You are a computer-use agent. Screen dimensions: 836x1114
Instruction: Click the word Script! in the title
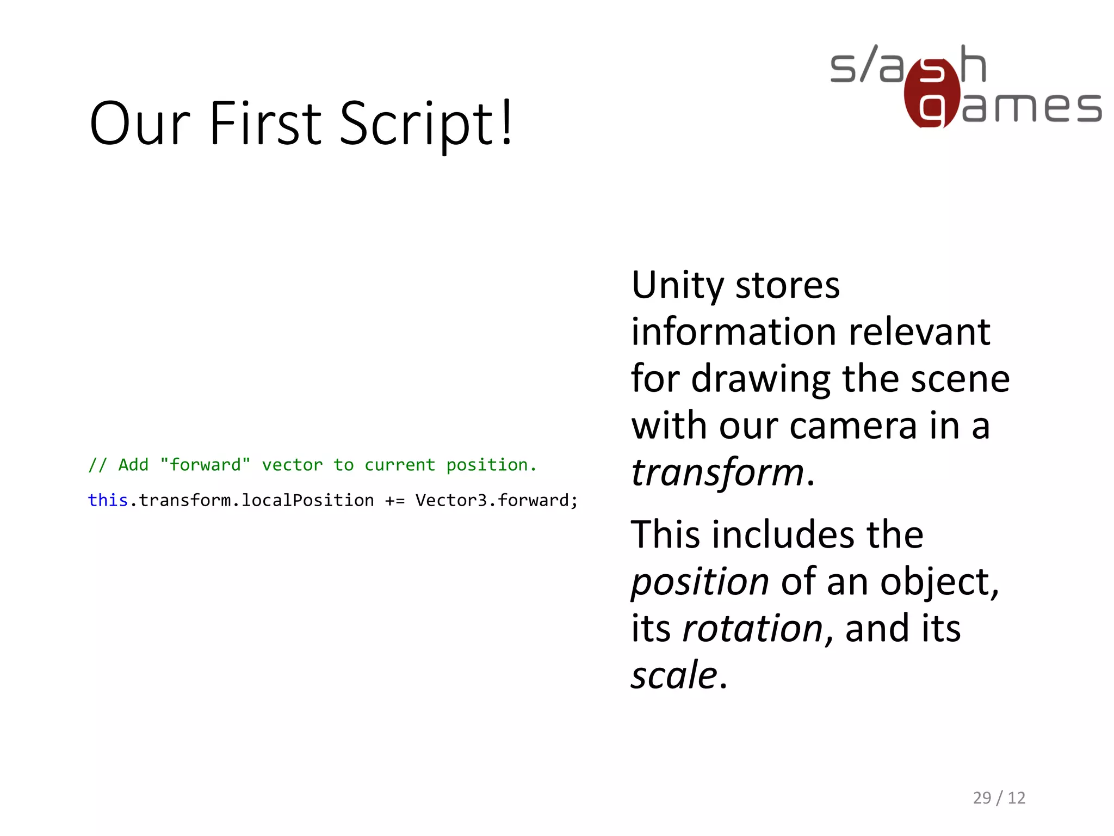pos(426,124)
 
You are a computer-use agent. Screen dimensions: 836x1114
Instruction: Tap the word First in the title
pos(265,124)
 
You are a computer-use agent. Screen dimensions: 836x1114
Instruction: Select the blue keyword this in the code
pos(108,500)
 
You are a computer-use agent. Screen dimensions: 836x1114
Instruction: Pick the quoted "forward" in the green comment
pos(205,465)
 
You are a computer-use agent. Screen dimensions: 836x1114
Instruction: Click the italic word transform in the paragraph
pos(717,472)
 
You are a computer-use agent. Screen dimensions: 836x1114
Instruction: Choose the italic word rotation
pos(753,629)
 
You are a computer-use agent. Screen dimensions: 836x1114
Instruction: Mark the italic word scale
pos(674,675)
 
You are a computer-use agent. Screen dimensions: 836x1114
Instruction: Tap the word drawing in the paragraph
pos(760,379)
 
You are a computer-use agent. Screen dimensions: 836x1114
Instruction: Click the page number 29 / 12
pos(999,798)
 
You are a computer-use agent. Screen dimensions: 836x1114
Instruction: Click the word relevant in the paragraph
pos(919,332)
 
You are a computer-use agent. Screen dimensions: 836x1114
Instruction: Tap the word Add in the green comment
pos(133,465)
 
